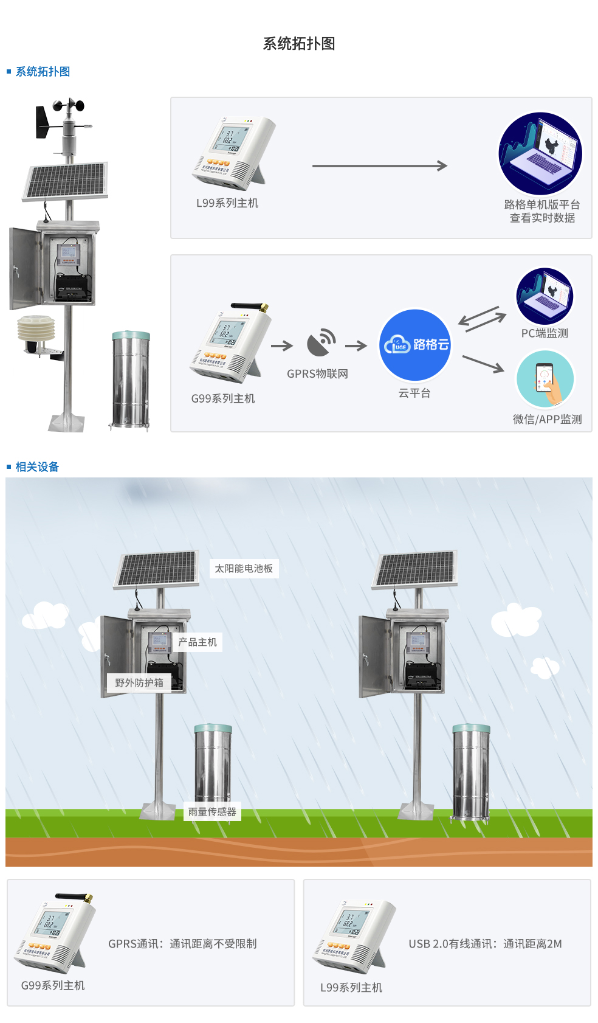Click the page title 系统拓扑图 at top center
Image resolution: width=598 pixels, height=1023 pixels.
pos(298,44)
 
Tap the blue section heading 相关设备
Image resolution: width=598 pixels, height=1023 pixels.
pos(37,467)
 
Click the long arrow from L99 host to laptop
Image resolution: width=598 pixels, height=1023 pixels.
pos(379,165)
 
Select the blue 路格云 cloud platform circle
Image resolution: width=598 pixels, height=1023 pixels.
pos(415,345)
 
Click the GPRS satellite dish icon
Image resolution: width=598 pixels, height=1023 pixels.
pos(321,344)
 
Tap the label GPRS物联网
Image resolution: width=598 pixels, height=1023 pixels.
pos(317,374)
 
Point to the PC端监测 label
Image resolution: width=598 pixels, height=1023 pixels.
pos(545,333)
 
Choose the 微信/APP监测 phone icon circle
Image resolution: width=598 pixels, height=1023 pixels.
pos(545,380)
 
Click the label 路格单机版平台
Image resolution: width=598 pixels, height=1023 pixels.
pos(541,204)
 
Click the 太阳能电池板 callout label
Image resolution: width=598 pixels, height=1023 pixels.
pos(244,569)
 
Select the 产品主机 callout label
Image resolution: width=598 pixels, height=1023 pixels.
pos(198,642)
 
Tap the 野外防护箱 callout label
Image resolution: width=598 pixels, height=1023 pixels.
pos(139,683)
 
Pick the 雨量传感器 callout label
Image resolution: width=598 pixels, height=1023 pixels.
pos(212,812)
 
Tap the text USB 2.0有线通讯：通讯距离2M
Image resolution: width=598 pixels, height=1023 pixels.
pos(485,944)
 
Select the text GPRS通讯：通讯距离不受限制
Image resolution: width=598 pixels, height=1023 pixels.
pos(182,944)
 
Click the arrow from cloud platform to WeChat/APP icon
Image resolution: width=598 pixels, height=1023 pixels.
pos(483,364)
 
